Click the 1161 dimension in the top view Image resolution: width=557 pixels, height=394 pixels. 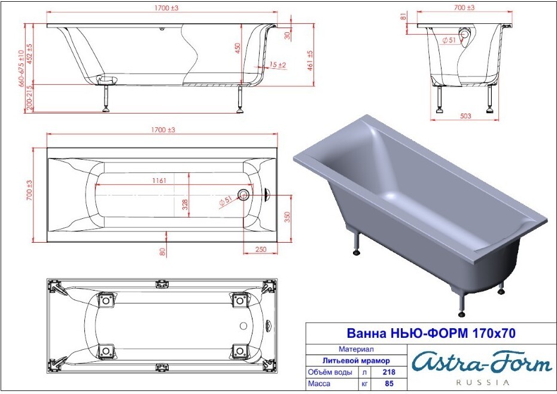point(159,181)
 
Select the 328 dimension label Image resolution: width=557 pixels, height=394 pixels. point(185,204)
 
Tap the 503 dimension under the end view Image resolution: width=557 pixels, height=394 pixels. point(465,116)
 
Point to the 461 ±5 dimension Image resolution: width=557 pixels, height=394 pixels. point(310,60)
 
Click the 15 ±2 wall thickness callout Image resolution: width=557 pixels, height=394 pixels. point(278,65)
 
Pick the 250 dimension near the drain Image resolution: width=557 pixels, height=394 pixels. point(261,249)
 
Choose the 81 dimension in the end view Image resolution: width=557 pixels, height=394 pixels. point(403,16)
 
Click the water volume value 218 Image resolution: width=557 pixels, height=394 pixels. point(389,372)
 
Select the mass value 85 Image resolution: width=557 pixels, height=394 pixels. point(389,383)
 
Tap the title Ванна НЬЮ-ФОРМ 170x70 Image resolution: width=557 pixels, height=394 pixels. point(431,333)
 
